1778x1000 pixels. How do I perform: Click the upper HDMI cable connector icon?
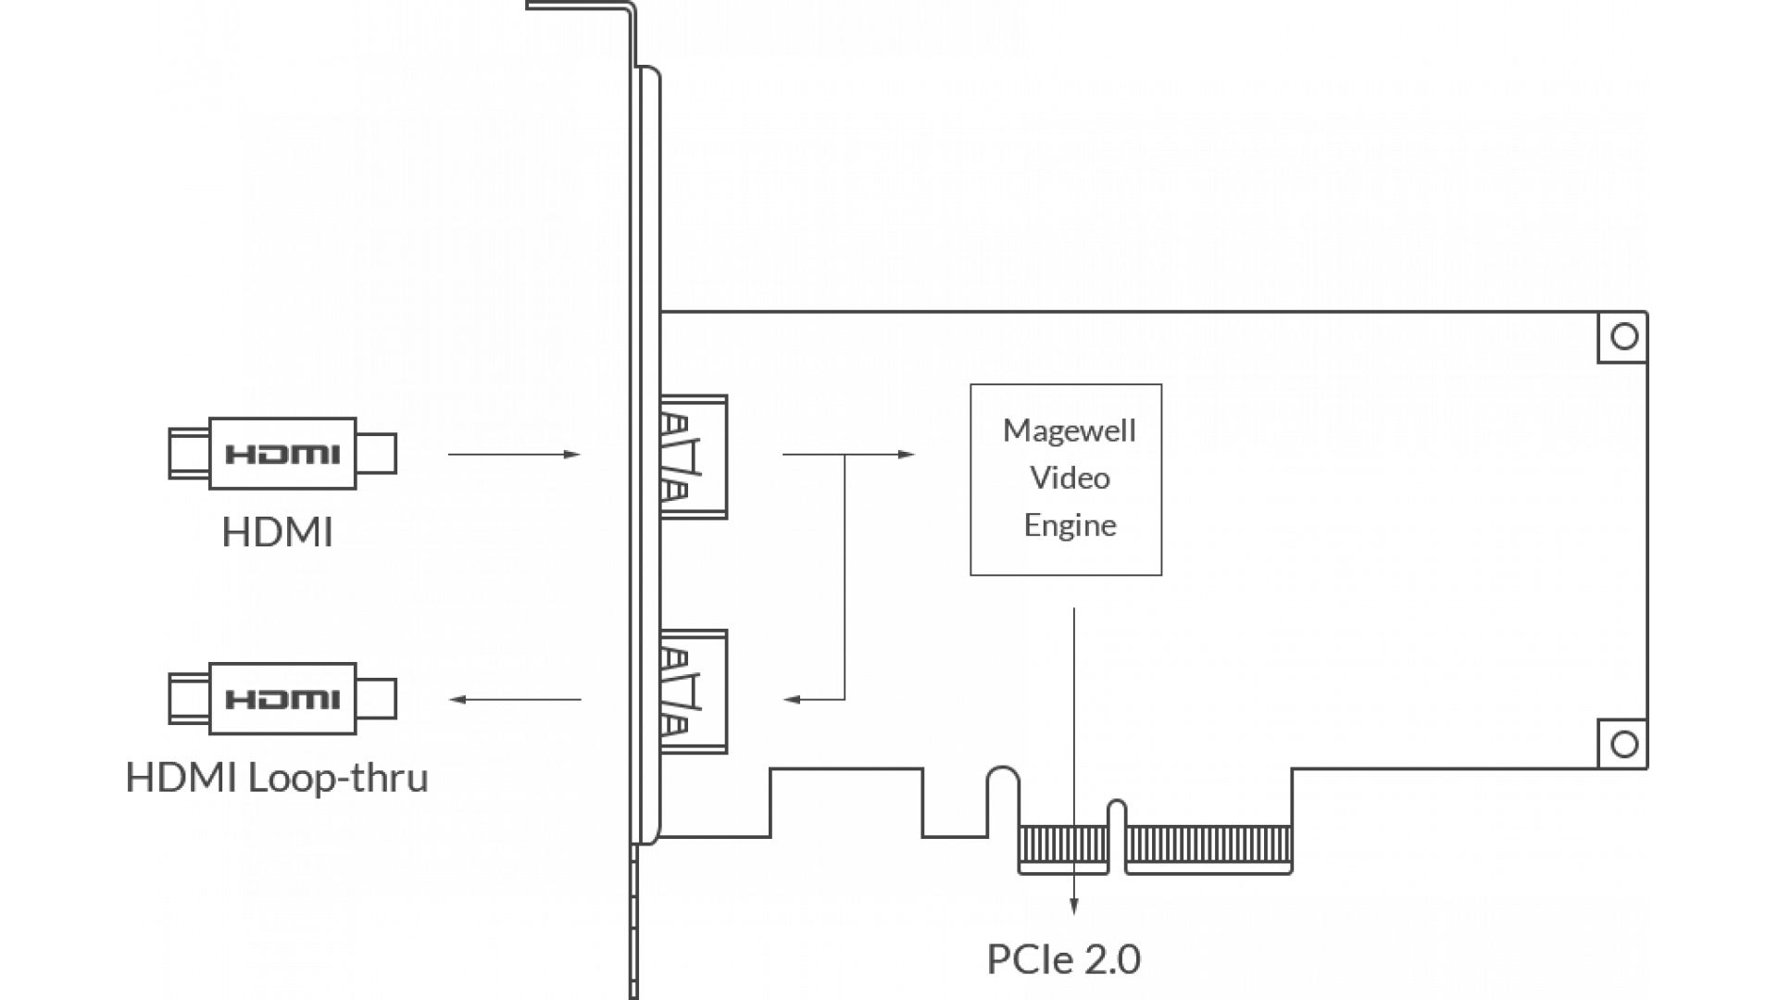coord(282,454)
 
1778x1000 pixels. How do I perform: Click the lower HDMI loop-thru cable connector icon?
coord(282,698)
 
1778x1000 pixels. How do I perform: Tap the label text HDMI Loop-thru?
coord(279,778)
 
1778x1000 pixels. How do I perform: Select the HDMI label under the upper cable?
coord(277,533)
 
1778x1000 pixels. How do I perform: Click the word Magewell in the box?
coord(1070,431)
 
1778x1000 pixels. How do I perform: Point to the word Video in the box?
coord(1070,479)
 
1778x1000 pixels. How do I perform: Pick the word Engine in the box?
coord(1070,526)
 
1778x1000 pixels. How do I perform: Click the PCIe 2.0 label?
coord(1064,959)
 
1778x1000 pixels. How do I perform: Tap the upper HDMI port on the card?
coord(693,456)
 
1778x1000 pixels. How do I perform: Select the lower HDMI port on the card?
coord(693,692)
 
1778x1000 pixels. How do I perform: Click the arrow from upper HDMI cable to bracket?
coord(514,455)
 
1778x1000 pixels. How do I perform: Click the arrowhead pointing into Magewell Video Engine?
coord(908,455)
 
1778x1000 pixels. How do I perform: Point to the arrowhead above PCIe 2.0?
coord(1073,909)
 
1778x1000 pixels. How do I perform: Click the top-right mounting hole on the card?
coord(1623,337)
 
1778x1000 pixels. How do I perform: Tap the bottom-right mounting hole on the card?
coord(1623,744)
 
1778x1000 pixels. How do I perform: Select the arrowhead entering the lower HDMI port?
coord(790,700)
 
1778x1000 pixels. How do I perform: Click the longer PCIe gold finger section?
coord(1208,845)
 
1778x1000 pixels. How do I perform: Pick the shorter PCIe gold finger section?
coord(1063,845)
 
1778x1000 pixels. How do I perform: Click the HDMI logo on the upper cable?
coord(282,455)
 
